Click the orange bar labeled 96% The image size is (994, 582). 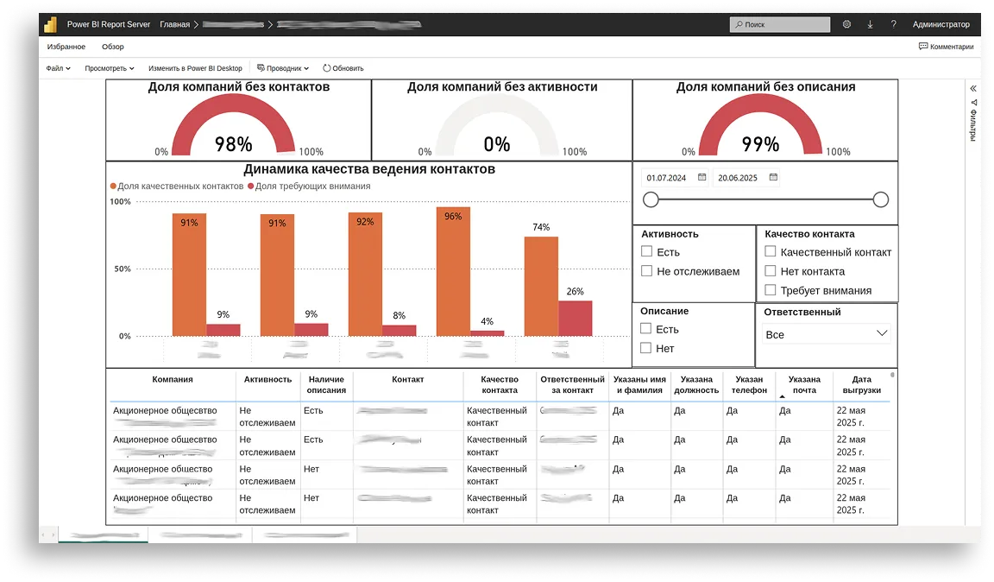tap(453, 271)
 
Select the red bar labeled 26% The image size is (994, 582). tap(576, 318)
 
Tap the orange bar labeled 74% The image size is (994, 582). tap(541, 286)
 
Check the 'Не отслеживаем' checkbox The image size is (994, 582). tap(646, 271)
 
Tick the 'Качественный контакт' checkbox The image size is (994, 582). tap(771, 252)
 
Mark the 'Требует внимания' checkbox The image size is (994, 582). tap(771, 290)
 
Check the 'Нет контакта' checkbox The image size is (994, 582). tap(771, 271)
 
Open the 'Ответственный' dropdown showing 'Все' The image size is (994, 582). tap(827, 334)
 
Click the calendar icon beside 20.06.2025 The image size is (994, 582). tap(773, 178)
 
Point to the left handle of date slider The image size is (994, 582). tap(651, 199)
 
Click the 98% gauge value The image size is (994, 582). tap(233, 144)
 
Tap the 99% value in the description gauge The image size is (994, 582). tap(760, 144)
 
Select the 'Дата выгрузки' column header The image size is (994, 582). tap(861, 384)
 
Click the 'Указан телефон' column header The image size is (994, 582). tap(749, 384)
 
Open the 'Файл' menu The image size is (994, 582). tap(58, 68)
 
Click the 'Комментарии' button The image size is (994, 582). tap(946, 47)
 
